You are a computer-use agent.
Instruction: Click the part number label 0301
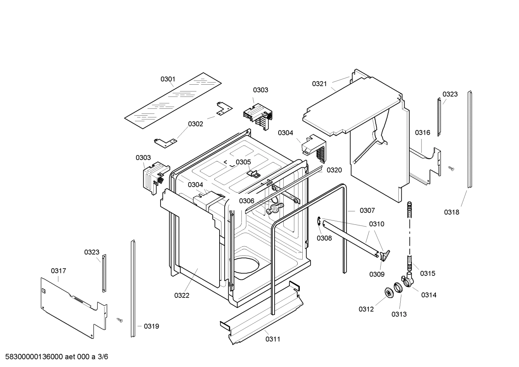pyautogui.click(x=168, y=79)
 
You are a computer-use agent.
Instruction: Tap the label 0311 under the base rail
pyautogui.click(x=273, y=339)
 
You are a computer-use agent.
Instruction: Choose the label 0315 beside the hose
pyautogui.click(x=428, y=273)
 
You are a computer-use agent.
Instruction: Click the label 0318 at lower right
pyautogui.click(x=451, y=212)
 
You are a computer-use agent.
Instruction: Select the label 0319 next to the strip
pyautogui.click(x=151, y=326)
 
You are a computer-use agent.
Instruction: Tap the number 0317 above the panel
pyautogui.click(x=58, y=271)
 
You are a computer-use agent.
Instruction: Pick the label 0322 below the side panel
pyautogui.click(x=182, y=295)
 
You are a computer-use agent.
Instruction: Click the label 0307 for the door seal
pyautogui.click(x=367, y=210)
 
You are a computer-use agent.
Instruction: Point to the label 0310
pyautogui.click(x=376, y=224)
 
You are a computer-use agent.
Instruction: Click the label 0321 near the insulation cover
pyautogui.click(x=319, y=84)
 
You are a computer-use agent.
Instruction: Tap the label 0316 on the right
pyautogui.click(x=423, y=133)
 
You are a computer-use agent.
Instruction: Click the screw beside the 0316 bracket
pyautogui.click(x=451, y=168)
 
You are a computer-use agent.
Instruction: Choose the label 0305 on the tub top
pyautogui.click(x=243, y=162)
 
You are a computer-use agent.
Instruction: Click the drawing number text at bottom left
pyautogui.click(x=54, y=357)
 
